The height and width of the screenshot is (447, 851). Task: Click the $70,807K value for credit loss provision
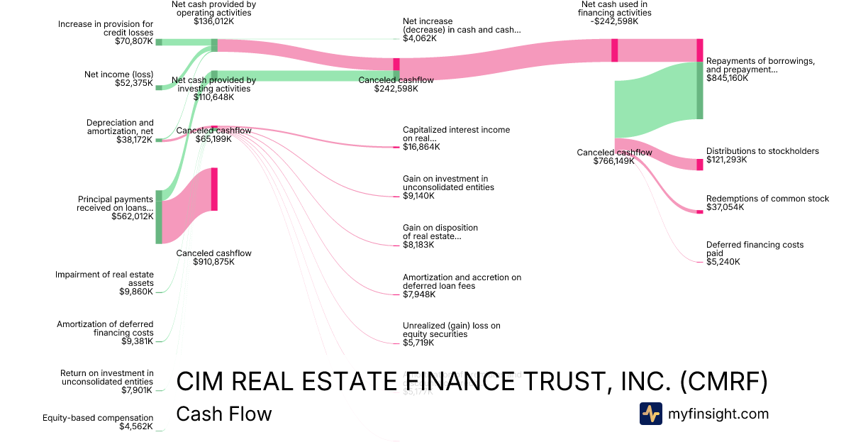pos(134,42)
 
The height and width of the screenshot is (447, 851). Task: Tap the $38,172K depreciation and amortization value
pos(135,140)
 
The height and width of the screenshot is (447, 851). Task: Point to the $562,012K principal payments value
pos(133,217)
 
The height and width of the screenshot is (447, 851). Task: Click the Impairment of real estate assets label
pos(104,278)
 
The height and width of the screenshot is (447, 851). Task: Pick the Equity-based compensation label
pos(98,418)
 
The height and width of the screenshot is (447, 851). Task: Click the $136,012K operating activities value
pos(213,21)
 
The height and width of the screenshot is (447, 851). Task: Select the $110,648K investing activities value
pos(213,97)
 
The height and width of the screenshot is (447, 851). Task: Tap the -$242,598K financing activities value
pos(614,21)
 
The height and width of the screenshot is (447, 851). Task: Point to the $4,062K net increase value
pos(420,39)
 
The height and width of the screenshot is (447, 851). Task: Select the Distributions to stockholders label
pos(762,151)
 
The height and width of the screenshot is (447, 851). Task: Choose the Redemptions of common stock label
pos(767,199)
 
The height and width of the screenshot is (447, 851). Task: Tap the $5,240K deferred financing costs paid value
pos(723,262)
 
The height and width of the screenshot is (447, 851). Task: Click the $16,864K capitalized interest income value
pos(421,147)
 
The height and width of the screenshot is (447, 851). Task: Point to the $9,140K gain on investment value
pos(418,196)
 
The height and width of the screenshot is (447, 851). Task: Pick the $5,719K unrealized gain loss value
pos(418,343)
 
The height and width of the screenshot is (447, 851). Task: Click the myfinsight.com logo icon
pos(650,414)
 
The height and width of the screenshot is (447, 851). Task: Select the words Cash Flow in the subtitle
pos(223,414)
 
